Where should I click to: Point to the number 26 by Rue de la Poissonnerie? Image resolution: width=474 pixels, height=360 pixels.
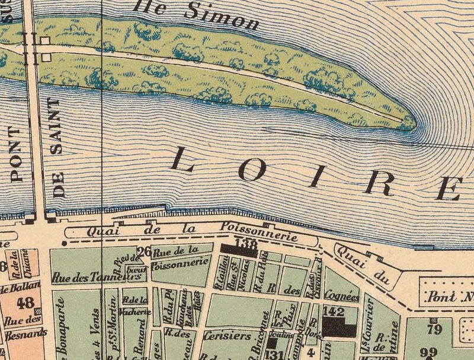click(x=144, y=251)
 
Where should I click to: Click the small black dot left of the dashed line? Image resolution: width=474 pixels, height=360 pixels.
click(x=63, y=243)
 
